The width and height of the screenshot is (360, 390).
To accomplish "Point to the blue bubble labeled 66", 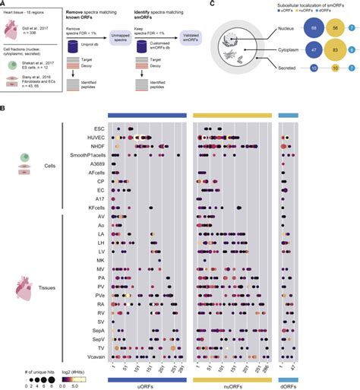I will tap(289, 27).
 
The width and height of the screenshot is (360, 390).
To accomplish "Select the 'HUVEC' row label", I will tap(95, 138).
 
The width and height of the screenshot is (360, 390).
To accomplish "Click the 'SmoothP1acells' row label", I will tap(86, 154).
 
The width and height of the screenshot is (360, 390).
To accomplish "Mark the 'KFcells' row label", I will tap(94, 207).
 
